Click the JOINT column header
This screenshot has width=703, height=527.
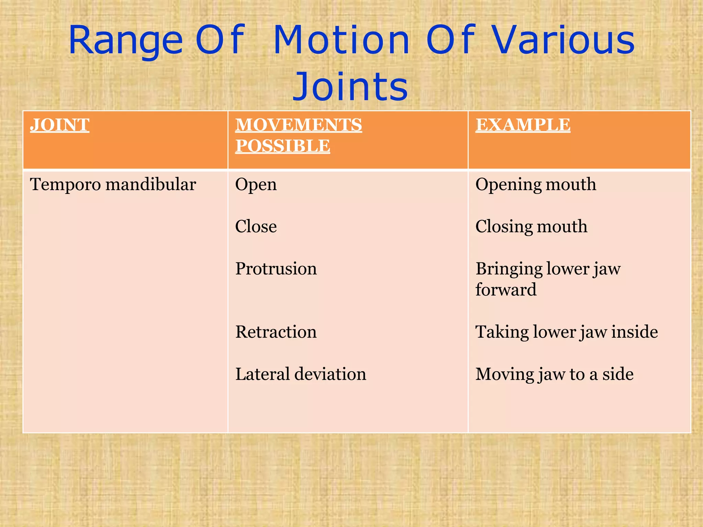coord(60,125)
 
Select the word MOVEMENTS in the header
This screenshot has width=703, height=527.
coord(298,125)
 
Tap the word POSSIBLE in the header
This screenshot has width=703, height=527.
coord(283,146)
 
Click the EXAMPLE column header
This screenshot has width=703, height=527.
coord(523,125)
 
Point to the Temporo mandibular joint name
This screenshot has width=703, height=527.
coord(113,185)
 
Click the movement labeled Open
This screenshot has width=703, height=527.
coord(256,185)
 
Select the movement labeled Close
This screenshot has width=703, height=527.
coord(256,227)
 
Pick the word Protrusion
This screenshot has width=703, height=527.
coord(276,269)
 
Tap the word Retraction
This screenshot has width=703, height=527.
coord(276,332)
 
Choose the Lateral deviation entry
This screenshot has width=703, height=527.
coord(300,374)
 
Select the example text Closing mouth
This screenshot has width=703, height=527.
coord(531,227)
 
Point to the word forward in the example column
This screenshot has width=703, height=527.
coord(506,290)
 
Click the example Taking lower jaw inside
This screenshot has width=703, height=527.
coord(566,332)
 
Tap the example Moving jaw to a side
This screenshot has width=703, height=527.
coord(554,374)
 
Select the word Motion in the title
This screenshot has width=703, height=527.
coord(342,41)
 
